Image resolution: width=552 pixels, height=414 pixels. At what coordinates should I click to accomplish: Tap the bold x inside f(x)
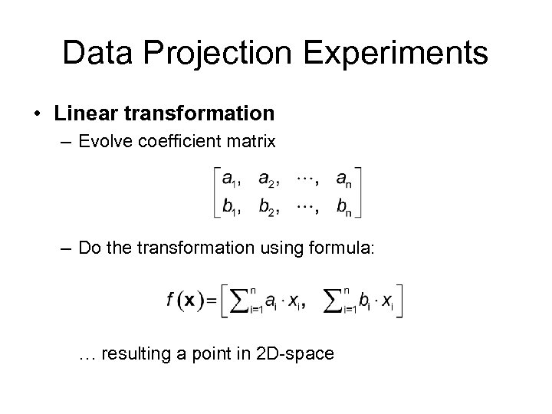coord(189,302)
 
